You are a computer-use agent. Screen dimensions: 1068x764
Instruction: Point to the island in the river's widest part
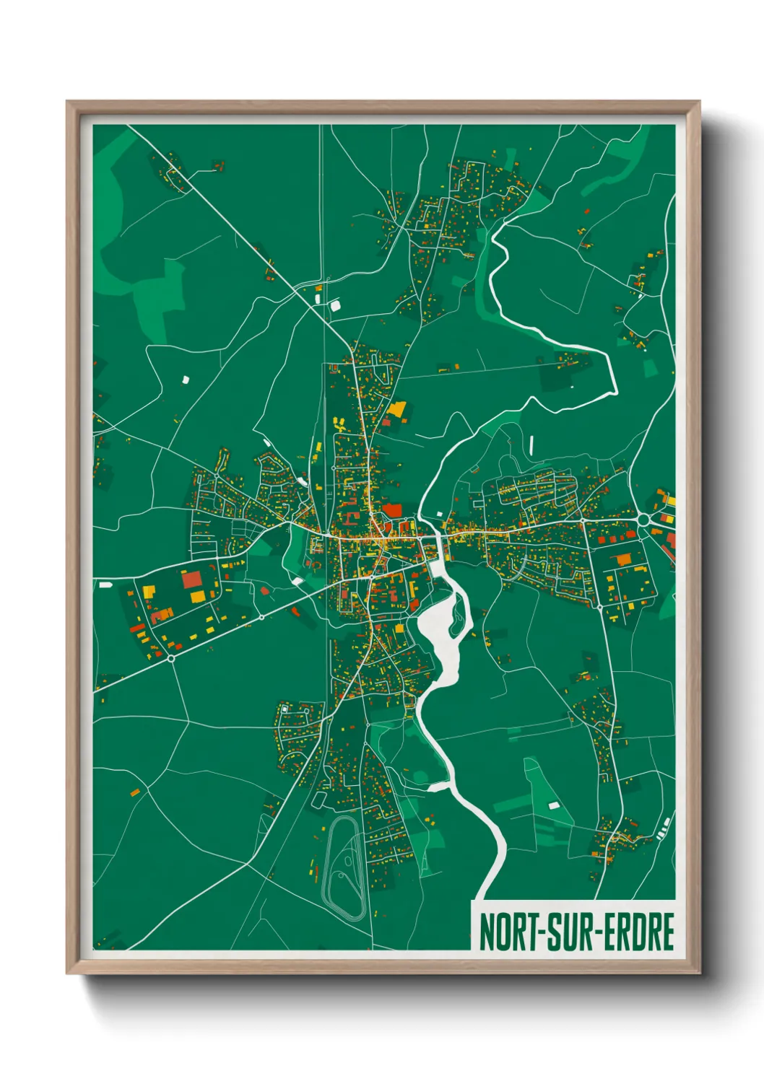(x=456, y=612)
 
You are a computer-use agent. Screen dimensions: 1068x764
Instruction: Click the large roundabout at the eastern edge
(x=645, y=519)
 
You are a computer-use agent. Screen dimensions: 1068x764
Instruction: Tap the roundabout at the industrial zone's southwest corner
(x=171, y=657)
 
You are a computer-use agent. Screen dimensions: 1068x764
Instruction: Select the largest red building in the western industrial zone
(x=192, y=579)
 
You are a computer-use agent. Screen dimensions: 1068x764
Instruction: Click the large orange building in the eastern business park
(x=623, y=559)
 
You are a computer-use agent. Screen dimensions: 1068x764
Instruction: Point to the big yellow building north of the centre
(x=396, y=409)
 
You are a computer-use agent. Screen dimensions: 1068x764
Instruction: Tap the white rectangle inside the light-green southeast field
(x=554, y=805)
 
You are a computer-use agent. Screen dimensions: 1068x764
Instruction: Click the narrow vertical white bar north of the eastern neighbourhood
(x=531, y=445)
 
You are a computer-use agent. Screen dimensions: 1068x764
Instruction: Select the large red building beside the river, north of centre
(x=392, y=511)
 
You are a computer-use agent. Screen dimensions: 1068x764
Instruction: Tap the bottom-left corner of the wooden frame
(x=69, y=971)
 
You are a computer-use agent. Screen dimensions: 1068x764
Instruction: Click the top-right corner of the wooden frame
(x=698, y=103)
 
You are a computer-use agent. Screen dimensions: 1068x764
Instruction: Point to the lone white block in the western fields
(x=184, y=379)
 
